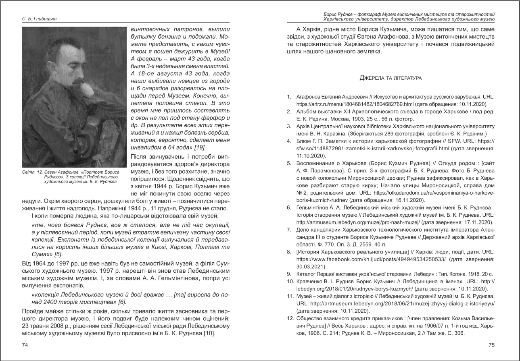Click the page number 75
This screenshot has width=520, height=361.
point(491,345)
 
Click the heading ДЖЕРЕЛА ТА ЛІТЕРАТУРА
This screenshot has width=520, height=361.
point(391,77)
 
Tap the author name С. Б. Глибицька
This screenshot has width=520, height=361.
point(40,19)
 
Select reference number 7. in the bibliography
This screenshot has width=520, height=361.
point(289,230)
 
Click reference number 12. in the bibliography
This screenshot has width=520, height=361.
point(290,319)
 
